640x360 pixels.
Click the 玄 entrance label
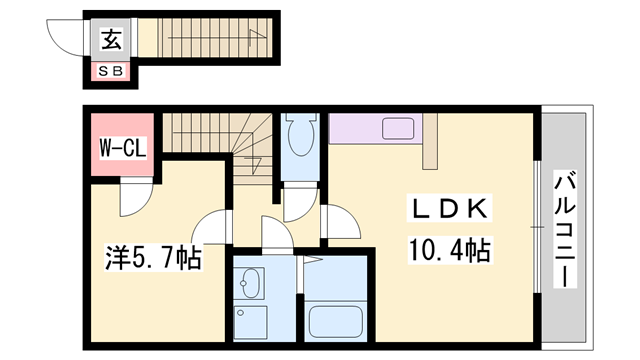[x=111, y=39]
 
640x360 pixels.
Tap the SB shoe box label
[x=111, y=71]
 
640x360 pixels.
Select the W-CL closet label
[x=123, y=148]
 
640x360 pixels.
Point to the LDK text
[x=449, y=209]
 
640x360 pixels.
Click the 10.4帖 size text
[x=449, y=250]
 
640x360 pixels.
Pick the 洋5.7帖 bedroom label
[x=153, y=258]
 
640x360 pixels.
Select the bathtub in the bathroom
[x=336, y=322]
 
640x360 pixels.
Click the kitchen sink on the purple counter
[x=398, y=128]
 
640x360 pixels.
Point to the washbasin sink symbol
[x=249, y=283]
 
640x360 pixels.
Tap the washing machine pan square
[x=251, y=322]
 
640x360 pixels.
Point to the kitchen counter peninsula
[x=430, y=141]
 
